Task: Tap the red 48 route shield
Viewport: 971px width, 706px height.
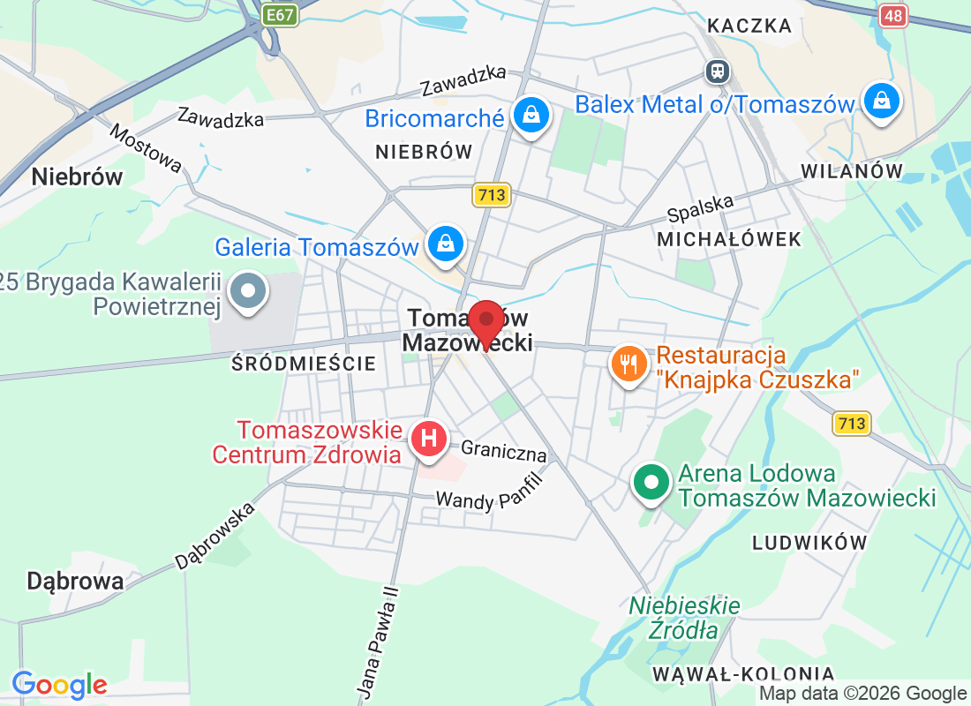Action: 893,15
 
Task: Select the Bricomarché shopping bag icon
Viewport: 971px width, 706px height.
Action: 531,115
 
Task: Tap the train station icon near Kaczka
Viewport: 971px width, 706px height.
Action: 717,70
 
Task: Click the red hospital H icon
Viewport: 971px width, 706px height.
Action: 430,438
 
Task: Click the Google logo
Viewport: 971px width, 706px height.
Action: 60,684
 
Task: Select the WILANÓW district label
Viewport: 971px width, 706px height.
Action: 853,170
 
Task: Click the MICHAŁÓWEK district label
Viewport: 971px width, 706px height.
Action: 729,239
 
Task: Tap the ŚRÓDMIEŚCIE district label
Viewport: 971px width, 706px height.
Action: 304,364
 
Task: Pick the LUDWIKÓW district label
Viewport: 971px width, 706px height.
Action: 809,543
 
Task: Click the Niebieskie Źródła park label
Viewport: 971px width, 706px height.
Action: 684,618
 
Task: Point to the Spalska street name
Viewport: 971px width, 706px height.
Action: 701,208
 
